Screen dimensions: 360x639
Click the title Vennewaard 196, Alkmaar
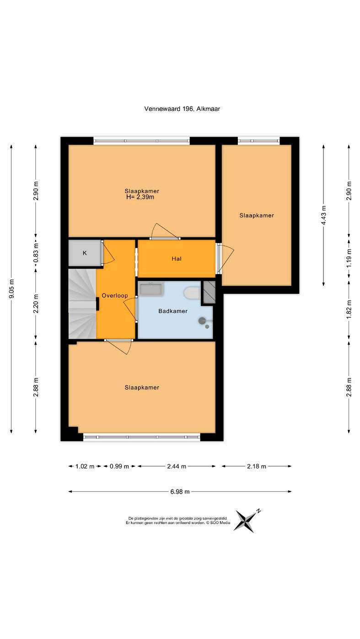(x=182, y=109)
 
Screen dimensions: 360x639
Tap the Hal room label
(x=177, y=259)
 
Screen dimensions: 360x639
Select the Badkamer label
(x=173, y=311)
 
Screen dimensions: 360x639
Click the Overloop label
(x=115, y=296)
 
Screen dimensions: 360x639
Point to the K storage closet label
(x=85, y=253)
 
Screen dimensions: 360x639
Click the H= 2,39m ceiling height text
(x=140, y=197)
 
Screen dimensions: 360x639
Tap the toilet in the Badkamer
(x=192, y=293)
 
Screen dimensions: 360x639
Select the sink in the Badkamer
(x=150, y=289)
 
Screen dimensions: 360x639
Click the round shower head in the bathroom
(x=202, y=320)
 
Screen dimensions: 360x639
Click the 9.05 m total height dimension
(x=11, y=289)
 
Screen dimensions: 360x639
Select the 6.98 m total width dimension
(x=180, y=491)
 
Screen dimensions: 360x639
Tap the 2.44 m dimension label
(x=177, y=466)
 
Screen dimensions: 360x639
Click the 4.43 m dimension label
(x=324, y=215)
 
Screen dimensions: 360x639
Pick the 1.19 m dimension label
(x=349, y=258)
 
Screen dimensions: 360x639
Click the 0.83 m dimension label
(x=36, y=253)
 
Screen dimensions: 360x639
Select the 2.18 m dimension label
(x=256, y=466)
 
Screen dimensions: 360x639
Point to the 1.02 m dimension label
(x=85, y=466)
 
